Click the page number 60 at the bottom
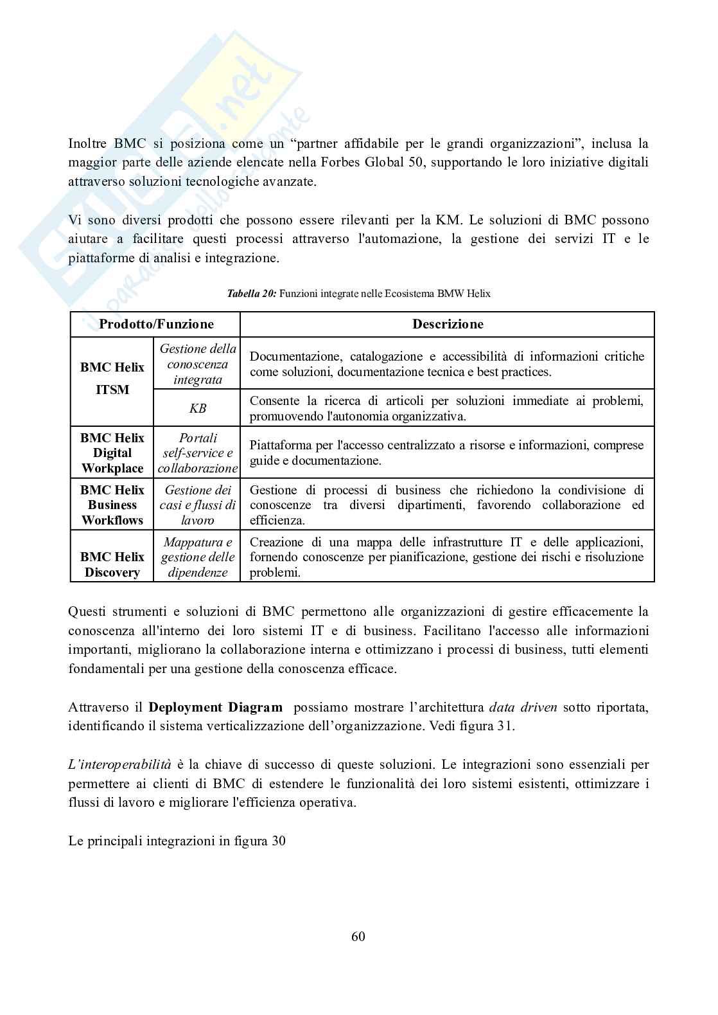[358, 936]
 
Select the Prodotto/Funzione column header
[156, 324]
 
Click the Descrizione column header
[448, 324]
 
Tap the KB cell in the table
[197, 408]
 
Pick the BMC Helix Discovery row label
[112, 564]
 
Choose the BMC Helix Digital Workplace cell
[112, 453]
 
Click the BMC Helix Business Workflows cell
[112, 505]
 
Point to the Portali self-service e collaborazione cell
[197, 453]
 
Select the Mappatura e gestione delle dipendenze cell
[197, 557]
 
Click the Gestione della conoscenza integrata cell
[197, 364]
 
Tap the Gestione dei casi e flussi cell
[197, 505]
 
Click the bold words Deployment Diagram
[215, 707]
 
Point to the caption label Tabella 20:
[251, 294]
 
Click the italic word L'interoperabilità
[120, 764]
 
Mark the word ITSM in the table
[112, 390]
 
